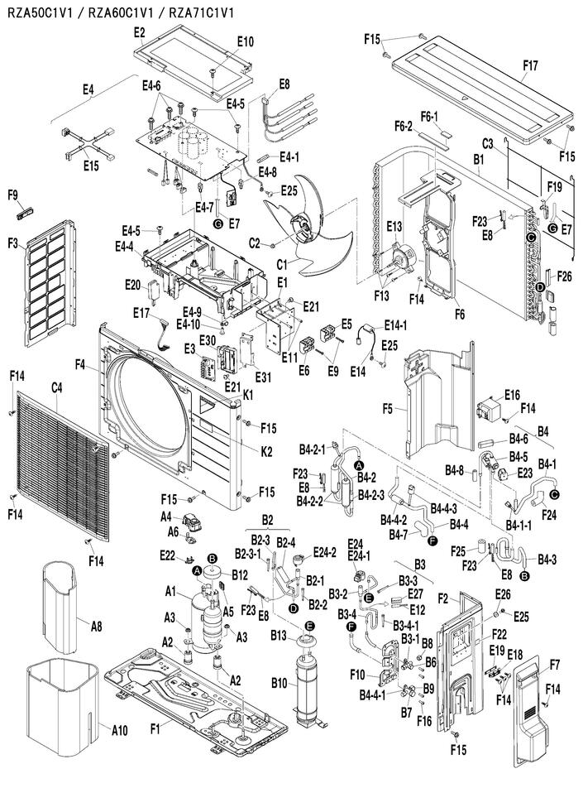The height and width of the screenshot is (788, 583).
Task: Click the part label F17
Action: (x=530, y=65)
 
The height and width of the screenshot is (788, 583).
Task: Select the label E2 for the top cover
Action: (x=139, y=32)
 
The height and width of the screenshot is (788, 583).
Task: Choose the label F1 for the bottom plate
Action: (x=155, y=728)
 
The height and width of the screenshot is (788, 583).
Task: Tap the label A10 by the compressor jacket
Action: (x=120, y=730)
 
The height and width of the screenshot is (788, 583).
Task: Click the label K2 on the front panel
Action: (x=266, y=452)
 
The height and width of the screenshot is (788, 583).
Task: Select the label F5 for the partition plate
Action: (x=388, y=409)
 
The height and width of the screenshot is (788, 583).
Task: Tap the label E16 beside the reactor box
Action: (x=512, y=395)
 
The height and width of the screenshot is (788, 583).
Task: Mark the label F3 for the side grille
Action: (x=13, y=243)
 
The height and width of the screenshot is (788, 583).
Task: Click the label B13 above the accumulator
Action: (x=279, y=635)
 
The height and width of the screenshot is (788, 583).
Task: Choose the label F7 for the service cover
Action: (x=554, y=665)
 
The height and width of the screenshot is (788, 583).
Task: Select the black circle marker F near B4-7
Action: (x=432, y=541)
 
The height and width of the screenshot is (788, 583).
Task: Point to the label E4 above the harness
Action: (x=88, y=90)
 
